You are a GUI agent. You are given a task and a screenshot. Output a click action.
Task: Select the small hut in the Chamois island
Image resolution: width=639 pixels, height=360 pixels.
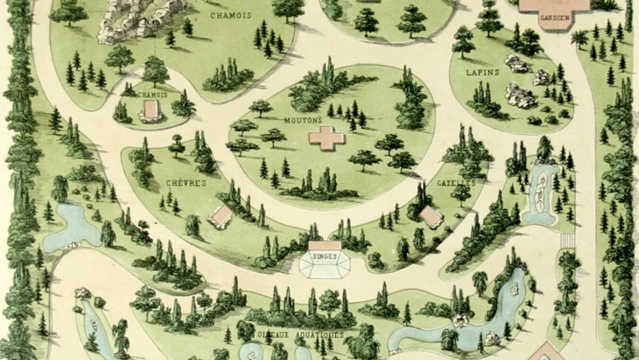(x=151, y=110)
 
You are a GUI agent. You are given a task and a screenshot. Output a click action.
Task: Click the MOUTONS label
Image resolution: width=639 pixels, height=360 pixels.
(x=305, y=121)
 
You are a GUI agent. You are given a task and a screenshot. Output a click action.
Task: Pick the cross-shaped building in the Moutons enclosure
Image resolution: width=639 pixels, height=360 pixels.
(x=326, y=138)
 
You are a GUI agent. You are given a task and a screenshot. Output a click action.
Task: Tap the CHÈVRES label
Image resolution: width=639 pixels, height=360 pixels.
(x=186, y=183)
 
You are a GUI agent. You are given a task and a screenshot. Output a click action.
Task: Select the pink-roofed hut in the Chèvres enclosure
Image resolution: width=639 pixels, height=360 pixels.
(x=222, y=215)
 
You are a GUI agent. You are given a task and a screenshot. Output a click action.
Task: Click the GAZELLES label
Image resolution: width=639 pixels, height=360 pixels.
(x=455, y=183)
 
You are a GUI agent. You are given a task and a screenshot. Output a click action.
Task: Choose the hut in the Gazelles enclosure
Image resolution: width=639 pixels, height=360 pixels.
(x=430, y=215)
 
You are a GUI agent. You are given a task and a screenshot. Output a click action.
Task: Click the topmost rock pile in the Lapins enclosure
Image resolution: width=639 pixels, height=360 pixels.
(x=516, y=63)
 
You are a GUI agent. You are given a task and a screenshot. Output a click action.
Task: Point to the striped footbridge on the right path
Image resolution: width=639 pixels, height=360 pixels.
(x=567, y=237)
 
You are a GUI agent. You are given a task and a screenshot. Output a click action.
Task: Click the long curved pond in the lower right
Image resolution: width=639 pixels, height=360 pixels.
(x=473, y=320)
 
